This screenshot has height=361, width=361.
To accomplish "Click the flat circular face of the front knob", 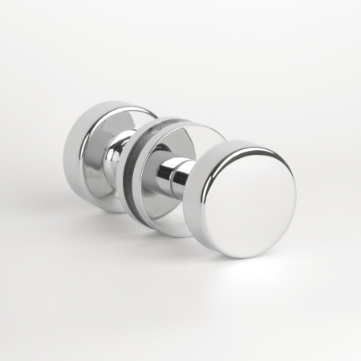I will tap(255, 201).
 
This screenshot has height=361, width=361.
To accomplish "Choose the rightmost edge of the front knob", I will tap(296, 201).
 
